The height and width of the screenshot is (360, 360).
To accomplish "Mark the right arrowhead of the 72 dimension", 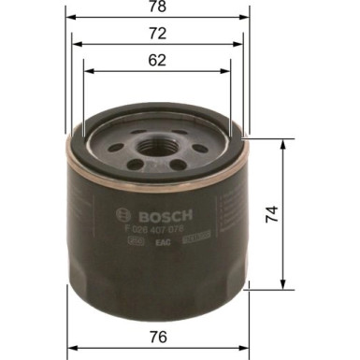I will [243, 44].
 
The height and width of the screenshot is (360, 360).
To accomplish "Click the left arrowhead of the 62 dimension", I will [87, 70].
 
